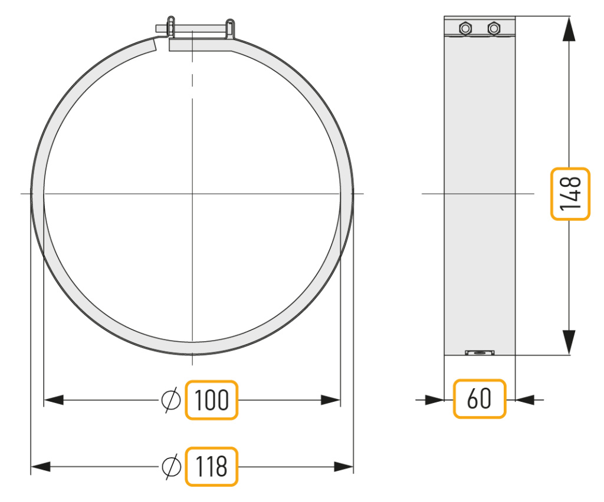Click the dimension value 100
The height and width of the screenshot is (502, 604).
(212, 400)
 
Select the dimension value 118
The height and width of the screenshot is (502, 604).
(212, 467)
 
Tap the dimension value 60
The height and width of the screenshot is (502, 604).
(479, 398)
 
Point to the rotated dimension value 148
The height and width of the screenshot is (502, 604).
(570, 193)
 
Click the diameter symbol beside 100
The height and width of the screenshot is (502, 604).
(170, 400)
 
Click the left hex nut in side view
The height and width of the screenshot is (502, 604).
(465, 28)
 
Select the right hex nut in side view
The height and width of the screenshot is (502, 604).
(494, 28)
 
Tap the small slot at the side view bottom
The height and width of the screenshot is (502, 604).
(480, 352)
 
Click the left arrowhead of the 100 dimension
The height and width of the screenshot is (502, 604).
(54, 400)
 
